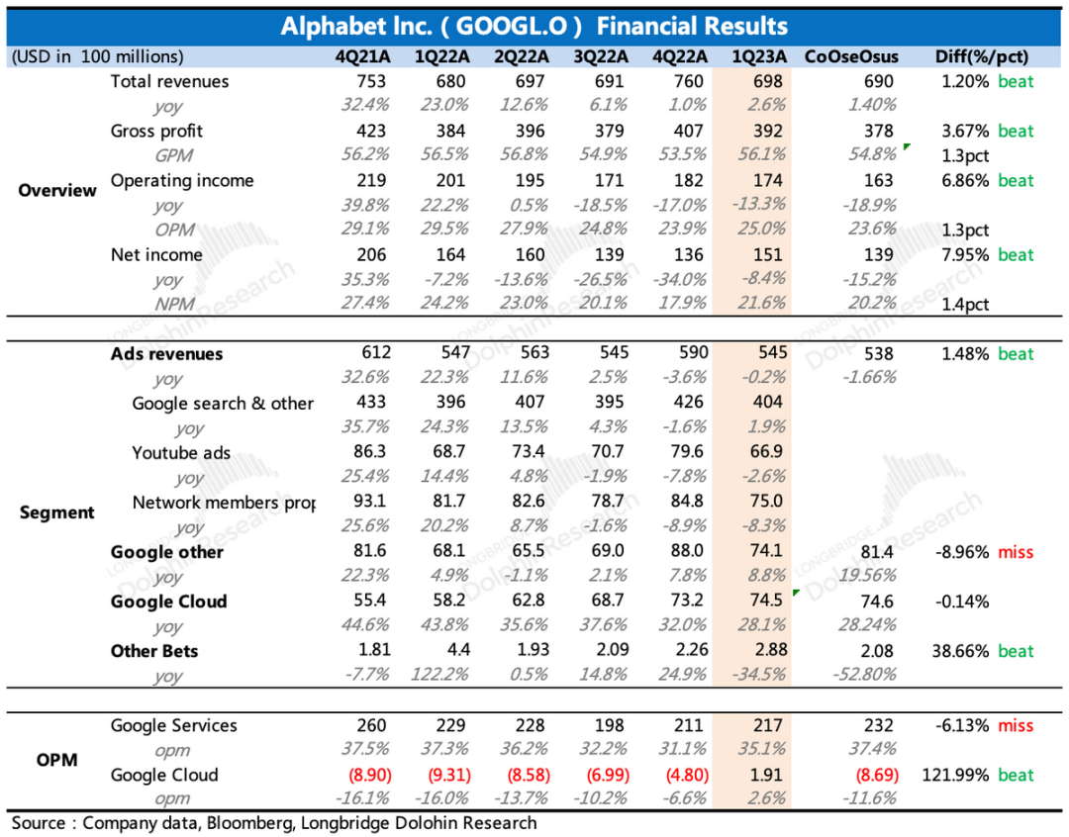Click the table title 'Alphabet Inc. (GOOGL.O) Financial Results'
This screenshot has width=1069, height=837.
click(534, 26)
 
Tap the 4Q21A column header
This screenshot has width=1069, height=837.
click(363, 57)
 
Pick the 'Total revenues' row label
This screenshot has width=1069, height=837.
click(169, 82)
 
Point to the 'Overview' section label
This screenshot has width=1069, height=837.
click(57, 191)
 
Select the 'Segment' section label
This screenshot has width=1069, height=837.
click(57, 512)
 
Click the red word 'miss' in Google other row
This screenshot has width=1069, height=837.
click(1016, 552)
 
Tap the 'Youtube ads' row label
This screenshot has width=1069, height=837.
click(181, 453)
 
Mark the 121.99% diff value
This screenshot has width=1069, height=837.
click(955, 775)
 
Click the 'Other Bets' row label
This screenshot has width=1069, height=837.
click(154, 651)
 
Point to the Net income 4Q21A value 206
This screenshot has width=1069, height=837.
click(371, 255)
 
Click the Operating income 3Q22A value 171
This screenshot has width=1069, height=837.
click(609, 181)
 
